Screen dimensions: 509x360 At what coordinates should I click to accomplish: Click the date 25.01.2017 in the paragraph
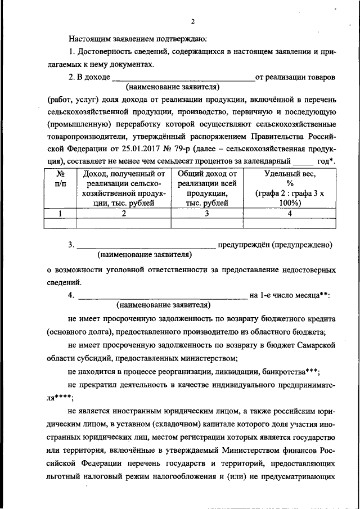pos(156,150)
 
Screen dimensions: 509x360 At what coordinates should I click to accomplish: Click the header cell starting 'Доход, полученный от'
pos(123,188)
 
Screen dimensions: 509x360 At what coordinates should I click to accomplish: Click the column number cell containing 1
pos(60,213)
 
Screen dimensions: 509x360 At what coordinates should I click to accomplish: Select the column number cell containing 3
pos(206,213)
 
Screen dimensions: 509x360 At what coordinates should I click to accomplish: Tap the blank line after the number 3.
pos(146,246)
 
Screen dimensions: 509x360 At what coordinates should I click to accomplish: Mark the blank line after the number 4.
pos(162,296)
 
